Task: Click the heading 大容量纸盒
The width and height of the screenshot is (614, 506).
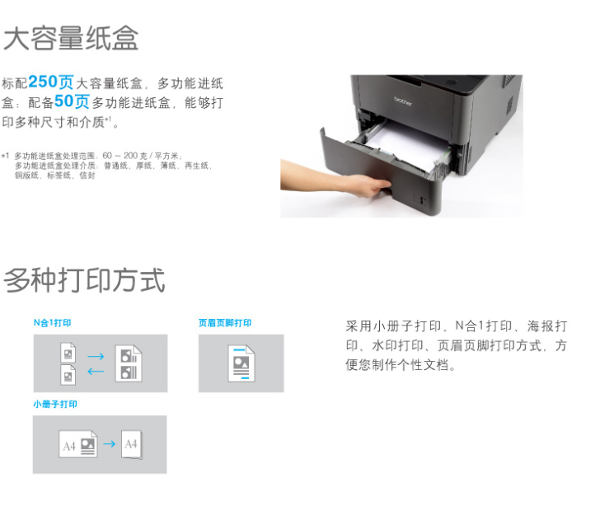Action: tap(71, 39)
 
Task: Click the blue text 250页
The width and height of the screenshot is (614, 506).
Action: tap(51, 82)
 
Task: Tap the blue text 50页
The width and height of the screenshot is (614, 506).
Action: tap(72, 101)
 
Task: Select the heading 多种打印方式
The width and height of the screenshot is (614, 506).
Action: tap(84, 280)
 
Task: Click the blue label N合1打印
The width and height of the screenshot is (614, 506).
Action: tap(53, 323)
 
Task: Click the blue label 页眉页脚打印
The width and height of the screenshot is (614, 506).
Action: tap(225, 323)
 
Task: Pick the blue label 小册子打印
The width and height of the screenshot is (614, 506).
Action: tap(55, 404)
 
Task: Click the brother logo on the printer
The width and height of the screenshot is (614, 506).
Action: tap(403, 101)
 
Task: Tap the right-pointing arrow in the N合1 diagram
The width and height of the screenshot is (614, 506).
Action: tap(96, 356)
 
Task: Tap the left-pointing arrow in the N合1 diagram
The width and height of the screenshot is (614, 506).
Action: tap(96, 371)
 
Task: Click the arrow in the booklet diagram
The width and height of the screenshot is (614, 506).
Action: tap(110, 443)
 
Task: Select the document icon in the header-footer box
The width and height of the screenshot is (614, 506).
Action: tap(241, 363)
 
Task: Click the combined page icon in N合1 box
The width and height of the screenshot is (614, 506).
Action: tap(129, 363)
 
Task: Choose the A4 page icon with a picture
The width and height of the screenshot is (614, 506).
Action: tap(78, 444)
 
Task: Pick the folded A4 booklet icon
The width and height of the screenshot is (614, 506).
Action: tap(132, 444)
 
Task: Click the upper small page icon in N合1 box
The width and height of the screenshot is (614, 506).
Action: tap(68, 353)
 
